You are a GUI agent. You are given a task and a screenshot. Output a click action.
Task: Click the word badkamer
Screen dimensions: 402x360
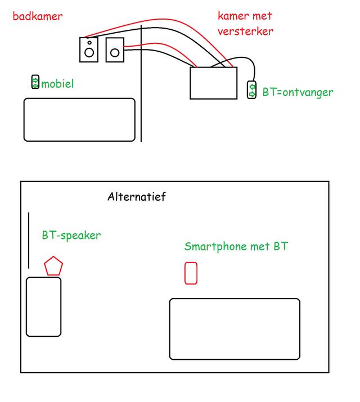pos(37,16)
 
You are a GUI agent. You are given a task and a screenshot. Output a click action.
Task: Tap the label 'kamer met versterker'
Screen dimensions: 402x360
pos(246,24)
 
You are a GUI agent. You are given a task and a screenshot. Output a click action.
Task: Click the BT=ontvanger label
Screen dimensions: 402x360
pos(298,92)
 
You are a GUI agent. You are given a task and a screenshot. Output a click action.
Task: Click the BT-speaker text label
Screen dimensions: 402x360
pos(71,235)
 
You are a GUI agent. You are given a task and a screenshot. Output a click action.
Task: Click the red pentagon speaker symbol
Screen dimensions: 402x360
pos(53,265)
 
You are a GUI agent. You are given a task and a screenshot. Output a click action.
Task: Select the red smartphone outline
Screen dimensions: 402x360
pos(191,273)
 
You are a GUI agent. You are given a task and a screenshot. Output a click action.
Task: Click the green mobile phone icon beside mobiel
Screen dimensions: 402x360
pos(35,82)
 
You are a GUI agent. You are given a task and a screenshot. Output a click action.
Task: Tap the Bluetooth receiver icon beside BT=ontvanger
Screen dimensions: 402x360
pos(252,90)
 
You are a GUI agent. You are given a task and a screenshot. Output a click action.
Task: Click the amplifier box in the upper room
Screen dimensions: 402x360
pos(213,83)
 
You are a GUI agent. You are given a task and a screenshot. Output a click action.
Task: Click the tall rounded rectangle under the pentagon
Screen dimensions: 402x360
pos(43,306)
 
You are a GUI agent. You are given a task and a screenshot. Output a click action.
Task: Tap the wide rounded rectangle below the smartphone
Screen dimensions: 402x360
pos(235,329)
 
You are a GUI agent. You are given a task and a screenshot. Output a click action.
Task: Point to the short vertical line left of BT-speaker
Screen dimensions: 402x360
pos(29,241)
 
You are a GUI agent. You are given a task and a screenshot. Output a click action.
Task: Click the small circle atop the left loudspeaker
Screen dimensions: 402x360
pos(88,42)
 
